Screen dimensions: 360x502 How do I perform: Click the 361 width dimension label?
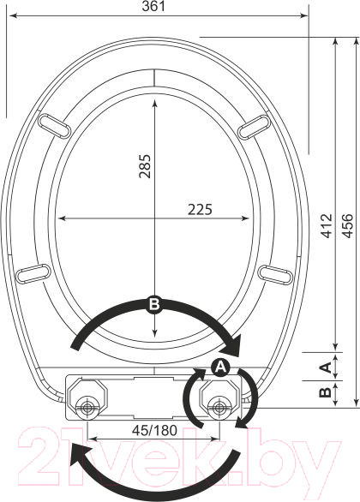pyautogui.click(x=153, y=6)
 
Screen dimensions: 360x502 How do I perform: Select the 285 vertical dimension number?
pyautogui.click(x=145, y=166)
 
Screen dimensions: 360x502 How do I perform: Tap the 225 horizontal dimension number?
pyautogui.click(x=200, y=210)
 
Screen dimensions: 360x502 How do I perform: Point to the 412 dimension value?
pyautogui.click(x=327, y=225)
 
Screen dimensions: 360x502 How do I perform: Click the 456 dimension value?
pyautogui.click(x=347, y=225)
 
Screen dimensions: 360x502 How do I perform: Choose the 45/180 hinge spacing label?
pyautogui.click(x=154, y=431)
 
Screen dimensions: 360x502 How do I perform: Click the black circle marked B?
pyautogui.click(x=154, y=304)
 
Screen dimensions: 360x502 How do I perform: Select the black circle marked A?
pyautogui.click(x=220, y=367)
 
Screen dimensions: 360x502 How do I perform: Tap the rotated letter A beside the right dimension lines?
pyautogui.click(x=326, y=367)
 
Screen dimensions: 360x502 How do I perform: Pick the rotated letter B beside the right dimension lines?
pyautogui.click(x=326, y=392)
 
